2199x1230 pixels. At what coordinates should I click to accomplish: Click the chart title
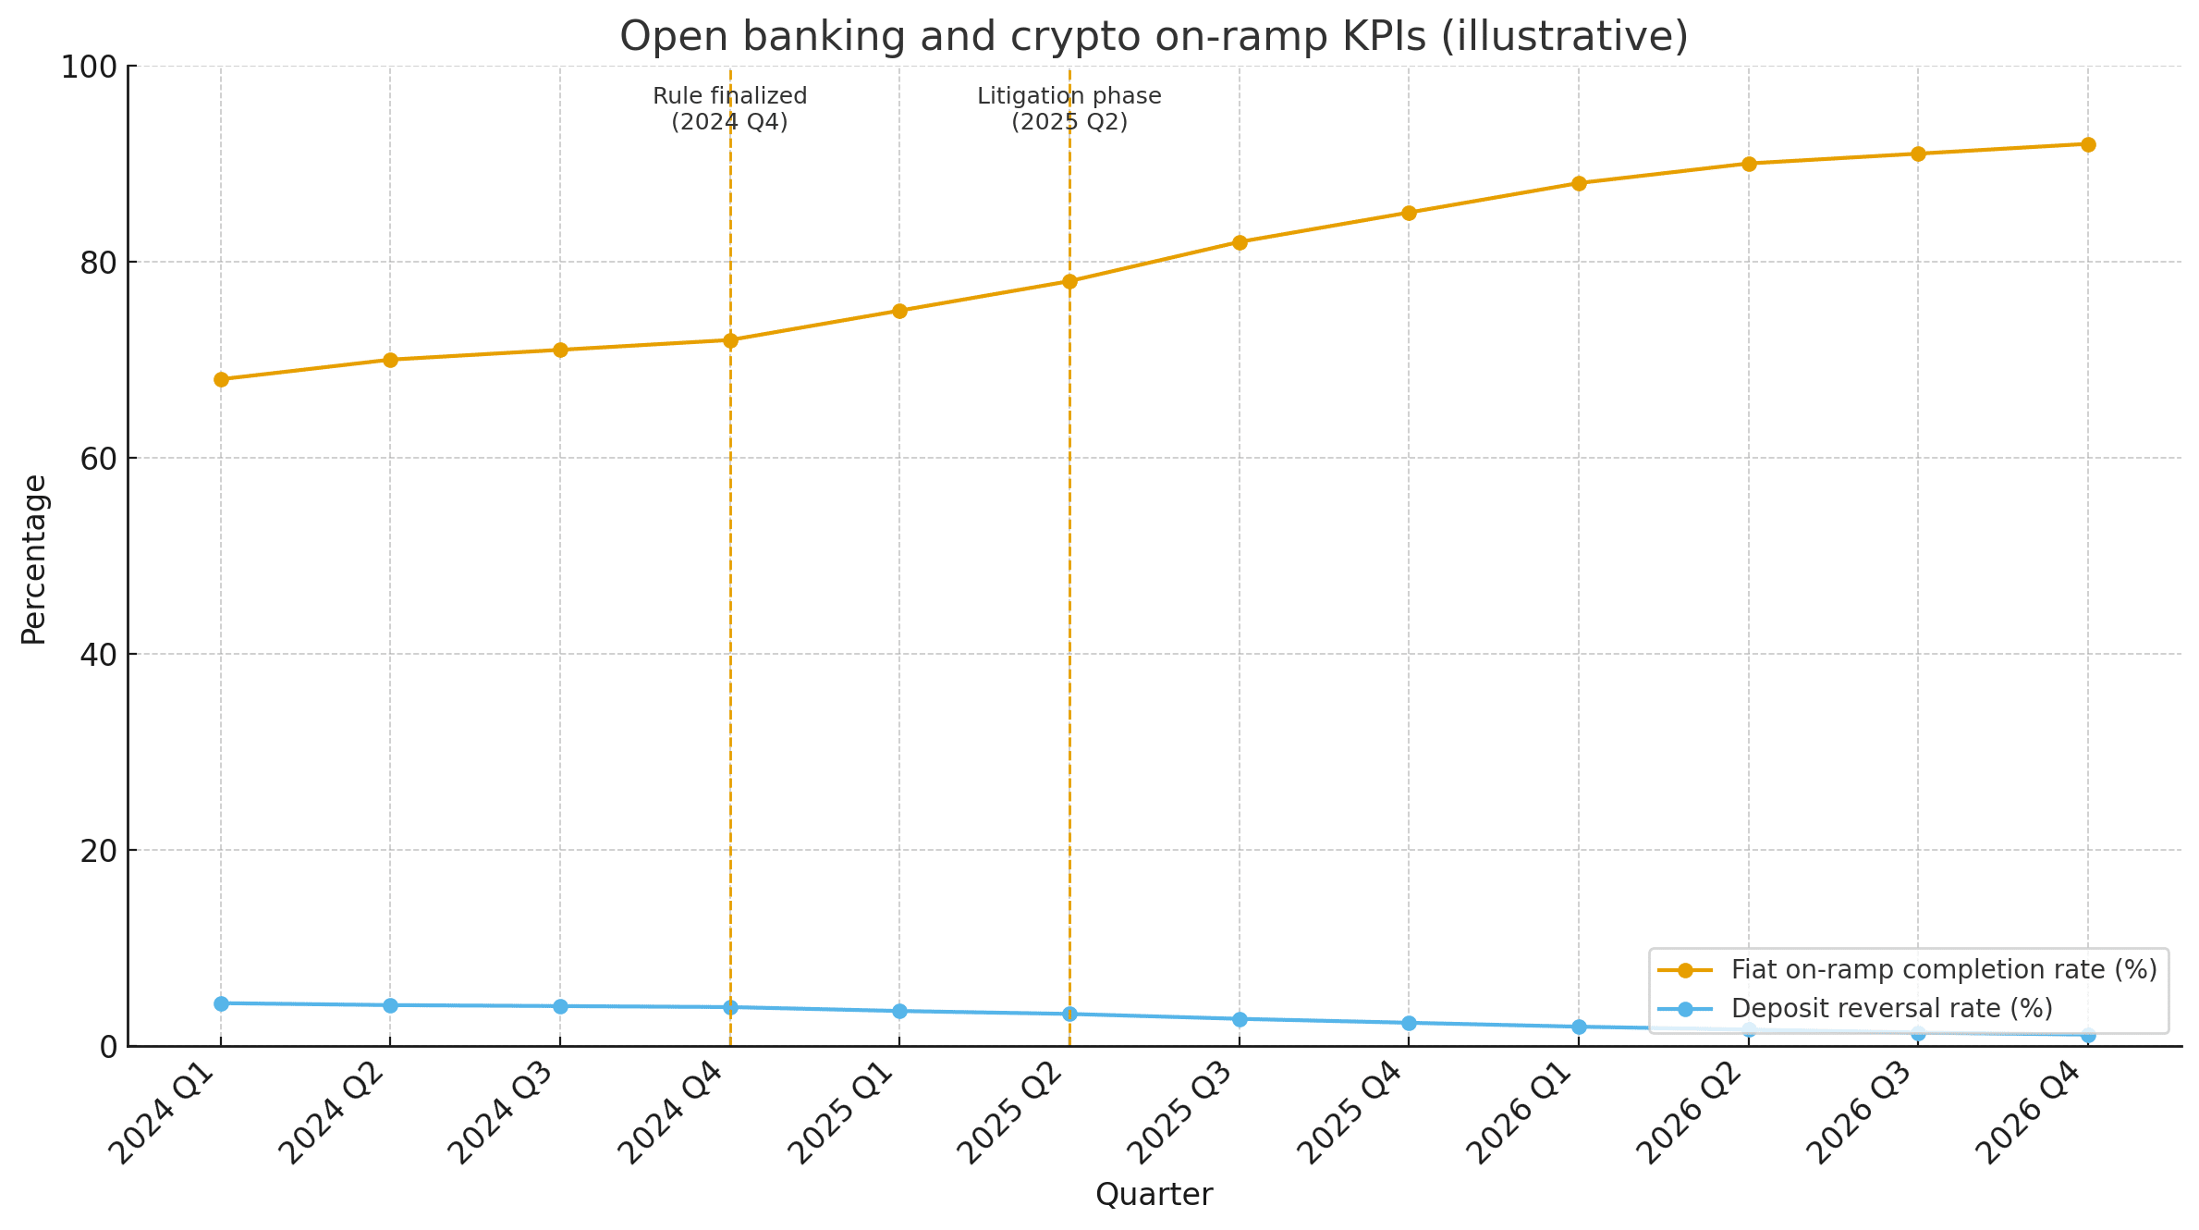click(1154, 37)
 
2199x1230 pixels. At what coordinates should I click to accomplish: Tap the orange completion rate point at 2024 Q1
click(221, 379)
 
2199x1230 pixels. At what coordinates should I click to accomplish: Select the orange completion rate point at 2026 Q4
click(2088, 144)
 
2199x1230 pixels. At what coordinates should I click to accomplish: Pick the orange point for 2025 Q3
click(1240, 242)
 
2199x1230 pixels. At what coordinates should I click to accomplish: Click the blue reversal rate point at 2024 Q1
click(221, 1003)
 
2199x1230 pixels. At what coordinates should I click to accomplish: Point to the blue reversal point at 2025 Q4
click(1409, 1023)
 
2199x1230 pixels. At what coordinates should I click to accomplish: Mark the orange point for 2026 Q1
click(1579, 183)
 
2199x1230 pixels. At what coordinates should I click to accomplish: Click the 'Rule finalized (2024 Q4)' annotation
click(729, 109)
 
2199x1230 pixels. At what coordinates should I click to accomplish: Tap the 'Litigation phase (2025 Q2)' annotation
click(1069, 109)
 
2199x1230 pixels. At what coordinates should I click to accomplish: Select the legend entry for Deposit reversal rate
click(1891, 1008)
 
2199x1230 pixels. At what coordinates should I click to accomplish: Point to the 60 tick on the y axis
click(99, 459)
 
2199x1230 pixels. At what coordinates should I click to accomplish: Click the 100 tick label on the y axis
click(90, 67)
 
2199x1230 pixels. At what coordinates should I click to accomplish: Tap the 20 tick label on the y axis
click(99, 851)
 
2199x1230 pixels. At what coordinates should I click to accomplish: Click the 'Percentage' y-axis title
click(34, 560)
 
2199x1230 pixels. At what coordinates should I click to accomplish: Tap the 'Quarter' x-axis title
click(1154, 1195)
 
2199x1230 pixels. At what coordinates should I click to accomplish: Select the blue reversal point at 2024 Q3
click(560, 1006)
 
